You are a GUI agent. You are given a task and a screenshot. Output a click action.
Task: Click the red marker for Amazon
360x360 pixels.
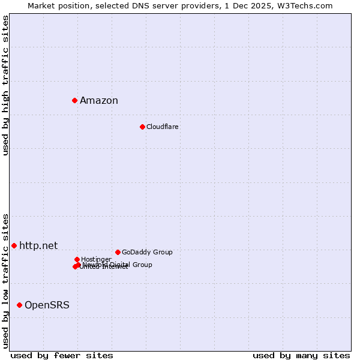point(74,100)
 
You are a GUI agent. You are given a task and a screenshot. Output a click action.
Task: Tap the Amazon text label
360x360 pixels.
point(99,101)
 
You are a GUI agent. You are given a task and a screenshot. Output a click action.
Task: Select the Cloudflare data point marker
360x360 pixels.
point(142,127)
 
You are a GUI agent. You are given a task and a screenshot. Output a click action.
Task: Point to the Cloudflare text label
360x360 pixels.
point(162,127)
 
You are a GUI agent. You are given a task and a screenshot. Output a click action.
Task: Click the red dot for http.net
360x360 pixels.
point(14,245)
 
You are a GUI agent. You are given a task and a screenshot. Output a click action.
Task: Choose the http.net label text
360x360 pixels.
point(38,245)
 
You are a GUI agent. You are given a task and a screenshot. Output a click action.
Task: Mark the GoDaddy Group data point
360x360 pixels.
point(118,252)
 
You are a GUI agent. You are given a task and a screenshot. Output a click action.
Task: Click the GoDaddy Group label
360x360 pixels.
point(147,252)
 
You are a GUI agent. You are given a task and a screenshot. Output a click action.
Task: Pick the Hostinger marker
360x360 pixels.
point(77,259)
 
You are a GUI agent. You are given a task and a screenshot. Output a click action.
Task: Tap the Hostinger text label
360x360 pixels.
point(96,259)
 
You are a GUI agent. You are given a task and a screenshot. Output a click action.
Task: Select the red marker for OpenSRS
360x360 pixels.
point(19,305)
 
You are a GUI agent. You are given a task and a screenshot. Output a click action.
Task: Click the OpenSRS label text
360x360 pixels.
point(47,305)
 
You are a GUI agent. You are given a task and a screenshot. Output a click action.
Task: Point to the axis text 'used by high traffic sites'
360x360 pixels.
point(5,85)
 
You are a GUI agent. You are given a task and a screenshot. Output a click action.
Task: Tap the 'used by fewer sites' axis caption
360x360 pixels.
point(62,355)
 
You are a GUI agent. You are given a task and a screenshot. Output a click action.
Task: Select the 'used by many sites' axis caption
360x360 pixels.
point(301,355)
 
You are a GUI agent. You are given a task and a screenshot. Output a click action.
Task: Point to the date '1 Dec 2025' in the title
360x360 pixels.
point(257,5)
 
